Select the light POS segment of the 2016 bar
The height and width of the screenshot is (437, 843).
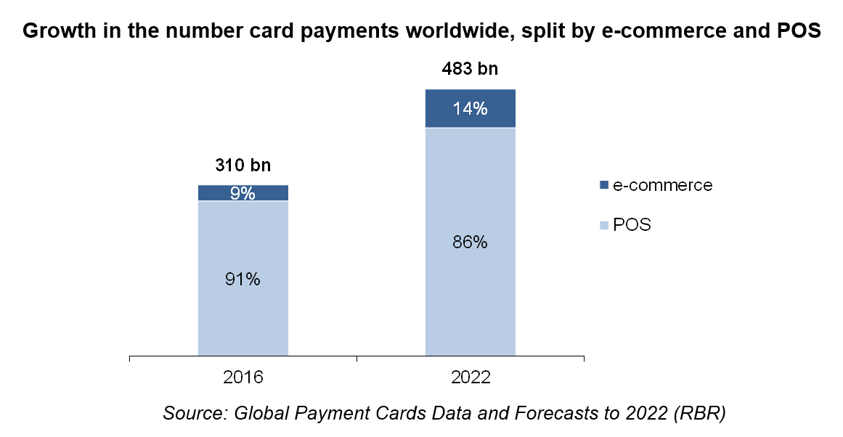[x=243, y=319]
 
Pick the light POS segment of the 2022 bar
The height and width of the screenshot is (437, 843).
[x=470, y=305]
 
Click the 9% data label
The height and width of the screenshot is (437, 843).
[x=243, y=193]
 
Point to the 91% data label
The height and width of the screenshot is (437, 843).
[x=243, y=279]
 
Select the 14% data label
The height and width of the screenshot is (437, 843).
[x=470, y=110]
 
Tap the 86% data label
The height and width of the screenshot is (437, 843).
[x=470, y=242]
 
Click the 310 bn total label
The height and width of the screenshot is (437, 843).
[x=243, y=166]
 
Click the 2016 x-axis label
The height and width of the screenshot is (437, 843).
[x=243, y=378]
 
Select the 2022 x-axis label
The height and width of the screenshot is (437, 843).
[x=470, y=378]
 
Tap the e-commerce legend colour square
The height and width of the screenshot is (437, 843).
[x=603, y=186]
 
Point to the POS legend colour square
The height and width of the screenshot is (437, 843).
[x=603, y=226]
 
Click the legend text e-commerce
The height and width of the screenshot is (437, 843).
[x=662, y=185]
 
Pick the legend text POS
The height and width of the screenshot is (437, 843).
[x=632, y=225]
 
